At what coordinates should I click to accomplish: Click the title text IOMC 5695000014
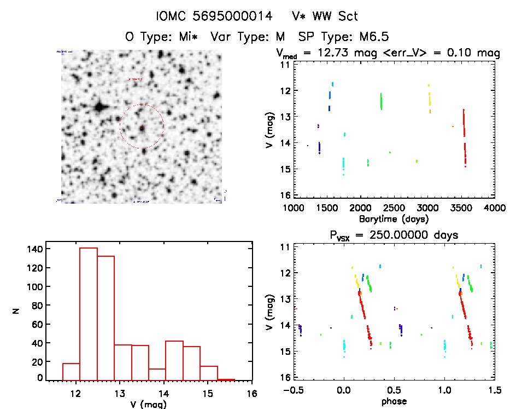tap(213, 16)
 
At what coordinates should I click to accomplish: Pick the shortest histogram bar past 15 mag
tap(226, 379)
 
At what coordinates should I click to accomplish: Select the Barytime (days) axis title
tap(394, 218)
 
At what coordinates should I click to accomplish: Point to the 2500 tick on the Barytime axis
tap(394, 208)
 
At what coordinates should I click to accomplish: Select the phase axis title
tap(394, 401)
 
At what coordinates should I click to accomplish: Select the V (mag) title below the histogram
tap(149, 405)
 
